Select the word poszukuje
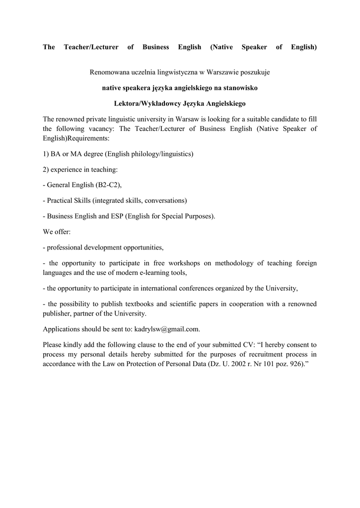(x=254, y=72)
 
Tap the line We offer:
(x=57, y=232)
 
